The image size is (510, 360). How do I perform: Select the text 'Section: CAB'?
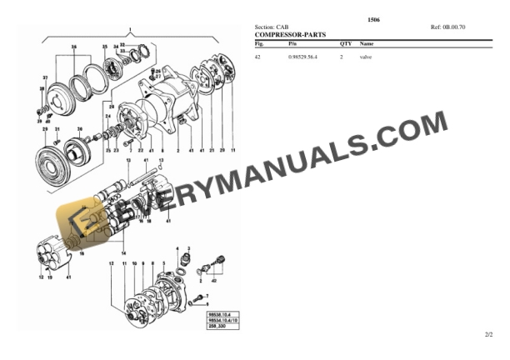point(272,27)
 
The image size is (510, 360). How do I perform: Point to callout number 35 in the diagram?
point(104,47)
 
